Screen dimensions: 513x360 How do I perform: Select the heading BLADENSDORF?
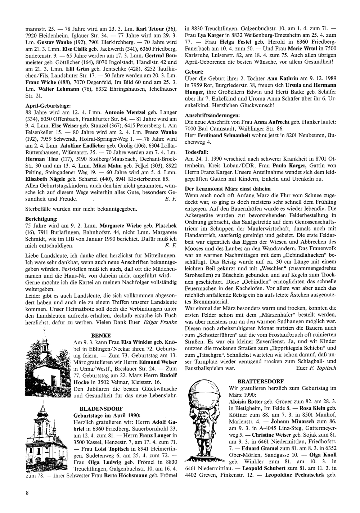101,408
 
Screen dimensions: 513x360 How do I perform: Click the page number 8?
27,493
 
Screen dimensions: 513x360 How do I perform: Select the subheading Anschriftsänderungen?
212,116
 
